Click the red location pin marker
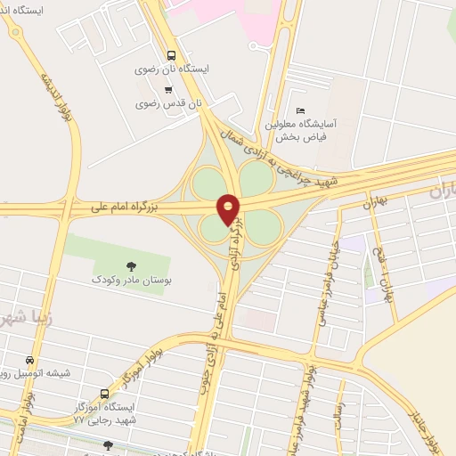pos(229,208)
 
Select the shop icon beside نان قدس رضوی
pos(167,89)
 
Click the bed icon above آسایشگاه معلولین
pos(299,110)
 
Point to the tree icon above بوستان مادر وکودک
pos(132,265)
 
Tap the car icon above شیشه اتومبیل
pos(30,361)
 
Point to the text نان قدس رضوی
pos(169,103)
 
